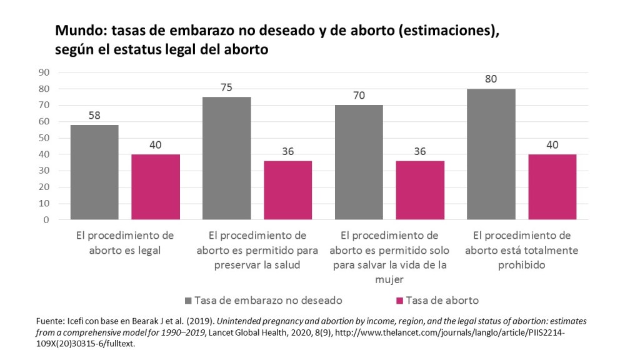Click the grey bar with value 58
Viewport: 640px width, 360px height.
tap(94, 172)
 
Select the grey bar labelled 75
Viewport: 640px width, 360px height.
tap(226, 158)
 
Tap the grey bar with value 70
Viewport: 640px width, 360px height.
tap(359, 162)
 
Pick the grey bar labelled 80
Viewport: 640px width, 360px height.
tap(491, 154)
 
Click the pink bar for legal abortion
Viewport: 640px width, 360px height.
tap(156, 187)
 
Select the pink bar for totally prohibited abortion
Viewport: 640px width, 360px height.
tap(552, 187)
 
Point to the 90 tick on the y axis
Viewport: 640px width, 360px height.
tap(44, 72)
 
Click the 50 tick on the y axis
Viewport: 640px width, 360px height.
tap(44, 138)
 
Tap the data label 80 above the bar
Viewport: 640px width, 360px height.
tap(491, 79)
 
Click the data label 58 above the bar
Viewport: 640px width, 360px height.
tap(94, 116)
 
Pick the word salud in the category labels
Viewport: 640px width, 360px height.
tap(284, 265)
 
